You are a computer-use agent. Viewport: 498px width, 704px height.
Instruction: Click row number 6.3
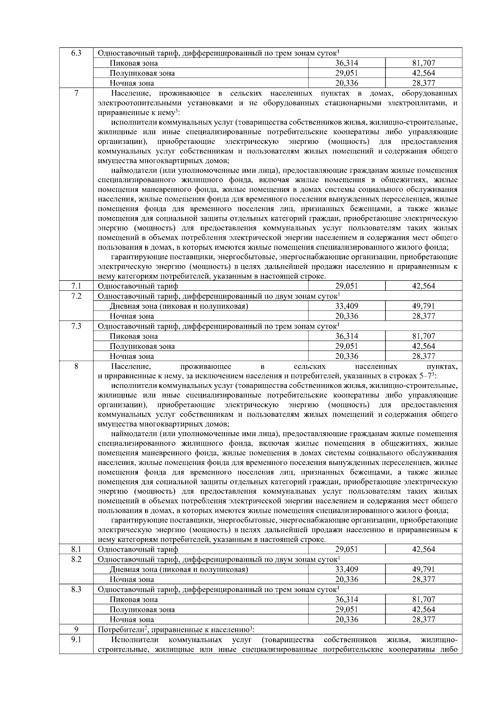coord(76,53)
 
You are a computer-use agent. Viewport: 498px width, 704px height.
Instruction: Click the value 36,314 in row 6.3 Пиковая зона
coord(347,63)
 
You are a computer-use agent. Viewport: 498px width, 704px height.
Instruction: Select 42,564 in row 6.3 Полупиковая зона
coord(423,73)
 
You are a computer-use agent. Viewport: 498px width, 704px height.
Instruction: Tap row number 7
coord(76,93)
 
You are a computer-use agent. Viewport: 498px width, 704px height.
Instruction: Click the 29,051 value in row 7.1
coord(347,286)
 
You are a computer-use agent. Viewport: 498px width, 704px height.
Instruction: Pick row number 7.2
coord(76,296)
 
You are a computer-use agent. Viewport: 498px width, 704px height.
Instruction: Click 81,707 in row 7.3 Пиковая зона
coord(423,336)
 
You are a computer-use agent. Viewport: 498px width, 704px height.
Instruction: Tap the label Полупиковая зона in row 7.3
coord(142,346)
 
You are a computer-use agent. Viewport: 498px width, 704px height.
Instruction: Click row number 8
coord(76,366)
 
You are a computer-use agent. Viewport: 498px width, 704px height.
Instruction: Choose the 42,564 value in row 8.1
coord(423,549)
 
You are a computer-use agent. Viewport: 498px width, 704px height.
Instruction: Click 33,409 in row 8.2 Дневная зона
coord(347,570)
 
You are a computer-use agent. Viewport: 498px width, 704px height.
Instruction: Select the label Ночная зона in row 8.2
coord(132,580)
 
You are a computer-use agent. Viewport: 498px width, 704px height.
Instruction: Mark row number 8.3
coord(76,590)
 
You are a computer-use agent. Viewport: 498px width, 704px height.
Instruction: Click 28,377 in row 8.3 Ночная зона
coord(423,620)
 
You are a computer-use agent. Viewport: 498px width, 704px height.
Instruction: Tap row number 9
coord(76,630)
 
